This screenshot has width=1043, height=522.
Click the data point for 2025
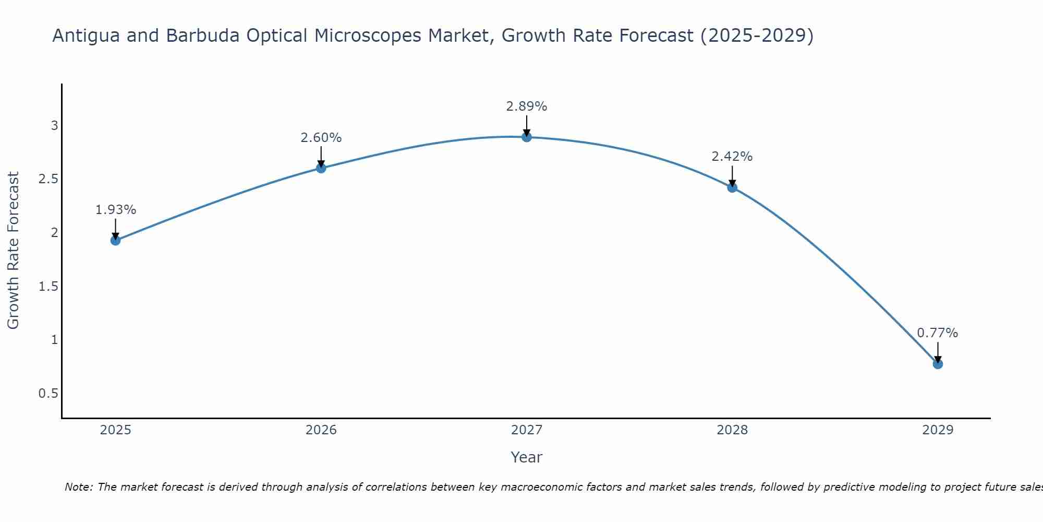click(x=115, y=240)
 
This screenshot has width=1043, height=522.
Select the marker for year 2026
click(x=321, y=168)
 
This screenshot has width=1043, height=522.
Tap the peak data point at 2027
click(x=526, y=137)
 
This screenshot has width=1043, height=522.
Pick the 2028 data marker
click(x=732, y=187)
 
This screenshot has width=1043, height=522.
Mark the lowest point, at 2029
click(x=937, y=364)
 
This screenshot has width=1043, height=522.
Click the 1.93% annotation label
click(x=115, y=210)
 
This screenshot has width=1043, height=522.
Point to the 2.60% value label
click(x=321, y=138)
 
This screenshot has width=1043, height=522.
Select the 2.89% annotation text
click(x=526, y=106)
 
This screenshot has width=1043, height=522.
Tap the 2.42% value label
click(x=732, y=157)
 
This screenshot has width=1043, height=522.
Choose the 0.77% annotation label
click(x=937, y=333)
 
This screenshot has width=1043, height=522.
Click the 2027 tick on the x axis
click(x=526, y=430)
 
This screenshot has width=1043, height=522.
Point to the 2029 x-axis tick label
click(x=937, y=430)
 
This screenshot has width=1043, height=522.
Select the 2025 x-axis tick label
click(x=115, y=430)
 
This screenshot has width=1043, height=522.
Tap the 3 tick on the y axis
click(x=54, y=125)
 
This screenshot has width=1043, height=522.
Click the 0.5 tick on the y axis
click(x=48, y=393)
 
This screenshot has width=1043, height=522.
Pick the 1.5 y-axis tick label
click(x=48, y=286)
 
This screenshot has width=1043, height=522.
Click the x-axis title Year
click(x=526, y=457)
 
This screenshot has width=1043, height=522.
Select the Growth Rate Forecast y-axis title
click(x=13, y=251)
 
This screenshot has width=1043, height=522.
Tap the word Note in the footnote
click(x=78, y=487)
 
